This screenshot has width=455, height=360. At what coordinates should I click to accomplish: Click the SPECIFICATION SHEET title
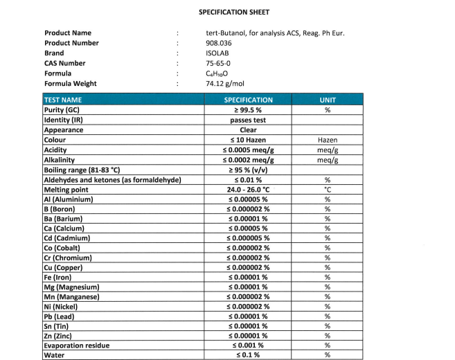pyautogui.click(x=234, y=12)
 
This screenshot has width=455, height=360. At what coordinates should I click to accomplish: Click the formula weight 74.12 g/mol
pyautogui.click(x=226, y=84)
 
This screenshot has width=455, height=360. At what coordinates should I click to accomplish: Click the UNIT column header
pyautogui.click(x=327, y=100)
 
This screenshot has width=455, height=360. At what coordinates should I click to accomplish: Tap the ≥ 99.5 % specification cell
pyautogui.click(x=248, y=110)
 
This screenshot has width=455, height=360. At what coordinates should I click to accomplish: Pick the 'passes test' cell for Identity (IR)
pyautogui.click(x=248, y=120)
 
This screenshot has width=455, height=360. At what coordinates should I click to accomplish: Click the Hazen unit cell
pyautogui.click(x=327, y=140)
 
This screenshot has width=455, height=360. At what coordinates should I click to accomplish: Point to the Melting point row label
pyautogui.click(x=66, y=190)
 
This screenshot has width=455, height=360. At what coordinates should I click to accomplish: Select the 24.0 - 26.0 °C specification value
pyautogui.click(x=248, y=190)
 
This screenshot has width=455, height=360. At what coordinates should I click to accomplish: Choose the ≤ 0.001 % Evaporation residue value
pyautogui.click(x=248, y=345)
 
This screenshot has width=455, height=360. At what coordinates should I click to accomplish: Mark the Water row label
pyautogui.click(x=55, y=355)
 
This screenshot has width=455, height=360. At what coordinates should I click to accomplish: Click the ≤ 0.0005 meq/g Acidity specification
pyautogui.click(x=248, y=150)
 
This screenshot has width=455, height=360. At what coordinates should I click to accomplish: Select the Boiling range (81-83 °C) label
pyautogui.click(x=82, y=170)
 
